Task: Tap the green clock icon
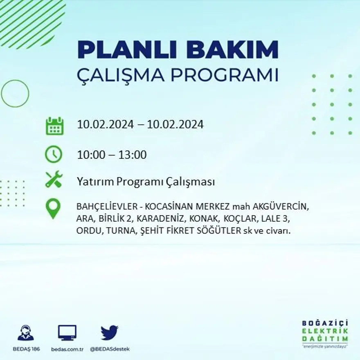coord(54,154)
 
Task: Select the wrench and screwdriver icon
coord(54,179)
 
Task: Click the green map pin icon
coord(53,209)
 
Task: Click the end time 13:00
coord(132,155)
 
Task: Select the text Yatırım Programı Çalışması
coord(146,182)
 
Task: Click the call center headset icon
coord(26,333)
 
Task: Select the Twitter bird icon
coord(109,333)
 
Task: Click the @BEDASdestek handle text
coord(109,349)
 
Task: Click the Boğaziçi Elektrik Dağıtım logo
coord(325,334)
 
